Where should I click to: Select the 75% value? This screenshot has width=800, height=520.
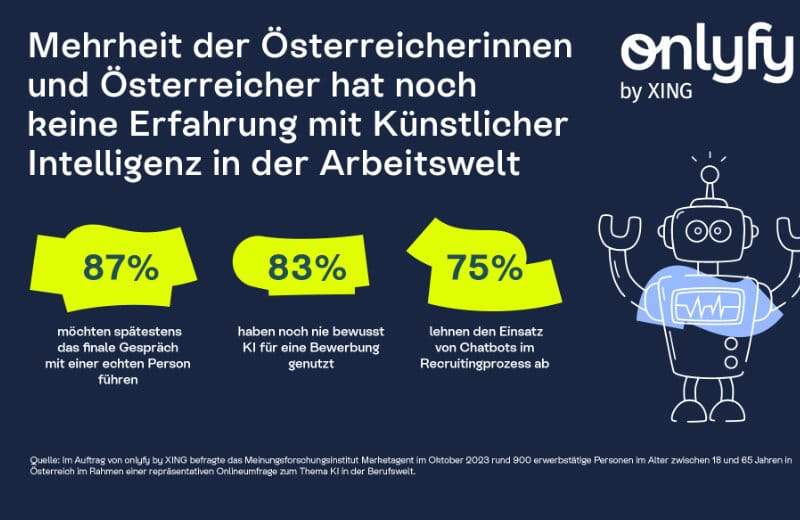click(485, 268)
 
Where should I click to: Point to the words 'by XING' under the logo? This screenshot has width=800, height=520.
click(656, 93)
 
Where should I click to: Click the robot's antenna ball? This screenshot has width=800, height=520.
click(709, 176)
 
